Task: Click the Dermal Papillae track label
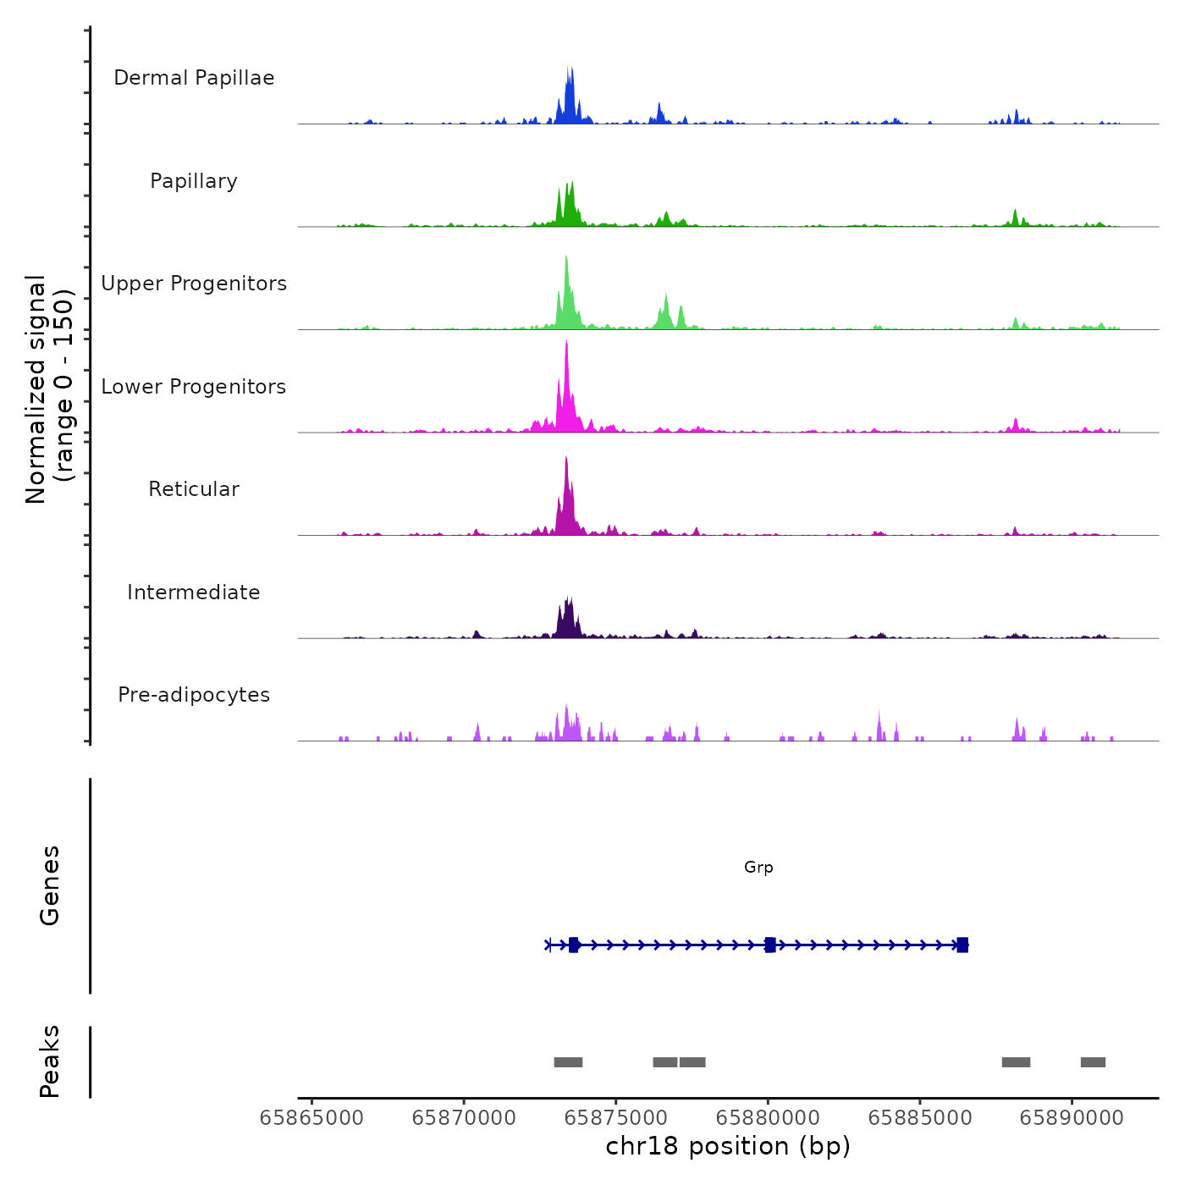pos(194,78)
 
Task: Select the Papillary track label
pos(194,181)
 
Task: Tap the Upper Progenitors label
pos(194,284)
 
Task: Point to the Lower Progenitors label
pos(194,387)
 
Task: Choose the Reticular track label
pos(194,489)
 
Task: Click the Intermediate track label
pos(194,592)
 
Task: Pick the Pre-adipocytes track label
pos(194,695)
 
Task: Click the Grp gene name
pos(758,867)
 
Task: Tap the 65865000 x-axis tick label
pos(311,1118)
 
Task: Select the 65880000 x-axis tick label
pos(768,1118)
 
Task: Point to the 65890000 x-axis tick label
pos(1072,1118)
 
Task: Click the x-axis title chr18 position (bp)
pos(728,1146)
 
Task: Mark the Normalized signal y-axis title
pos(49,389)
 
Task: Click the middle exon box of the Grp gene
pos(770,945)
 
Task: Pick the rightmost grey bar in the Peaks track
pos(1093,1062)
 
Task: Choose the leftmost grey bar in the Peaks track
pos(568,1062)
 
